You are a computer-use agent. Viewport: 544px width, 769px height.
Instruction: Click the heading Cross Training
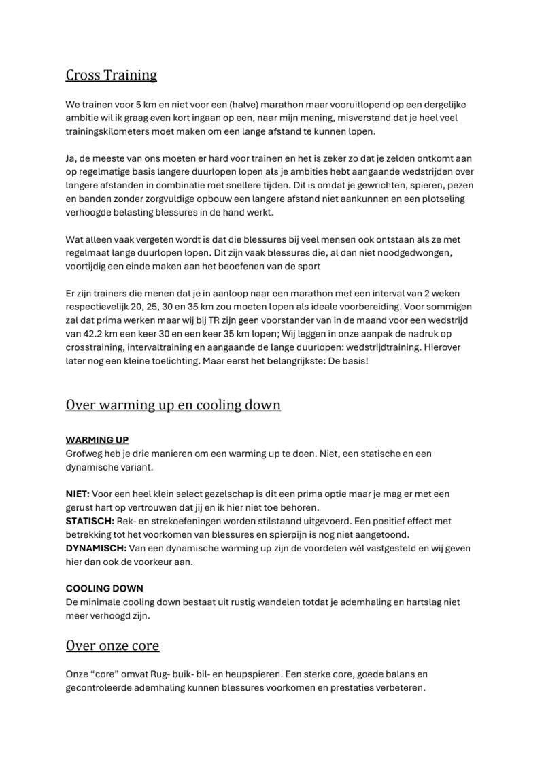tap(111, 75)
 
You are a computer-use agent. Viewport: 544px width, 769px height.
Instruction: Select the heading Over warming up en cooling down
tap(173, 405)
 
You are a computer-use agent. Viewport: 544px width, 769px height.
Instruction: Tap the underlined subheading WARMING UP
tap(97, 440)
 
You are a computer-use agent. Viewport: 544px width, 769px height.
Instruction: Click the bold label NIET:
tap(78, 494)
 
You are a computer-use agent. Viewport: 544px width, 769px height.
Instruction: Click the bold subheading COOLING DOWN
tap(104, 588)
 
